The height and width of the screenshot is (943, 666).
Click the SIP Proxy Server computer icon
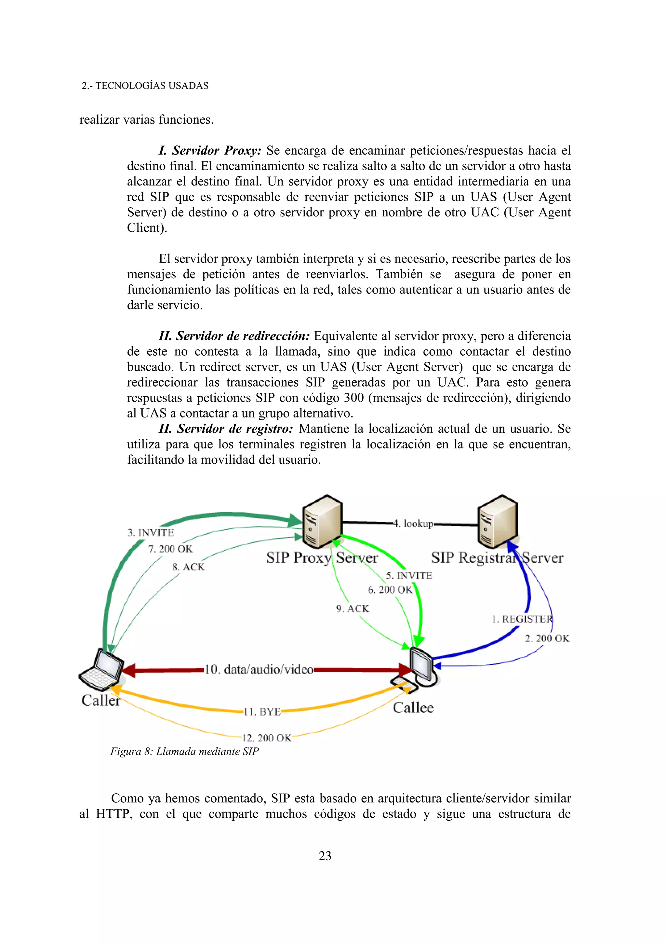click(x=322, y=522)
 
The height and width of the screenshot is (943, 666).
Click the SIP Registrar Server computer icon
click(x=497, y=522)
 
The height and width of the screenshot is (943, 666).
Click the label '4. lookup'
click(x=413, y=524)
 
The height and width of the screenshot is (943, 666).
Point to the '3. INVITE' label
click(x=151, y=533)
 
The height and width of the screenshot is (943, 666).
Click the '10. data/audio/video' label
click(x=259, y=669)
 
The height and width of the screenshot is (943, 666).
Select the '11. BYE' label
click(x=262, y=712)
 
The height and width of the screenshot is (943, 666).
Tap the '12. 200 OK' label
click(x=267, y=738)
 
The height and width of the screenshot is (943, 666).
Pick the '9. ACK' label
click(x=353, y=609)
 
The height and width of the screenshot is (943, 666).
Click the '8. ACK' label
click(x=188, y=567)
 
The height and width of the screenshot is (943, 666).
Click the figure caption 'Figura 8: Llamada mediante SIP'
click(x=185, y=752)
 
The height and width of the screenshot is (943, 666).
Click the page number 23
click(x=325, y=856)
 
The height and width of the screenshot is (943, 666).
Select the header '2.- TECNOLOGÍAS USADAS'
click(x=145, y=86)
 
